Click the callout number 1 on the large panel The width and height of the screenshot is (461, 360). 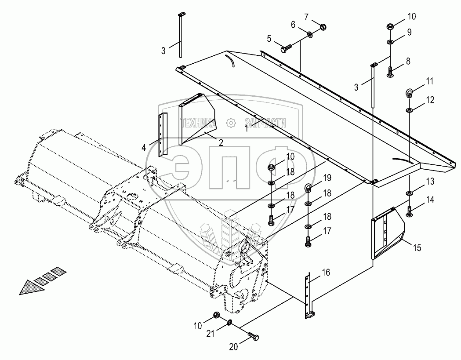coord(247,129)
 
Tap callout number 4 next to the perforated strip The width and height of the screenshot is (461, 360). coord(144,148)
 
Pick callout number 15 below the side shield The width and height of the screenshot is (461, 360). coord(417,248)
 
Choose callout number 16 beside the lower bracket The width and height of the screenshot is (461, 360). coord(326,273)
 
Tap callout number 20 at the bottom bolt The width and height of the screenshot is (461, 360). coord(233,347)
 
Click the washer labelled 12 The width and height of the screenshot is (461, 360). coord(409,109)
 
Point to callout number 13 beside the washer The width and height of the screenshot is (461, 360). coord(430,181)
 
